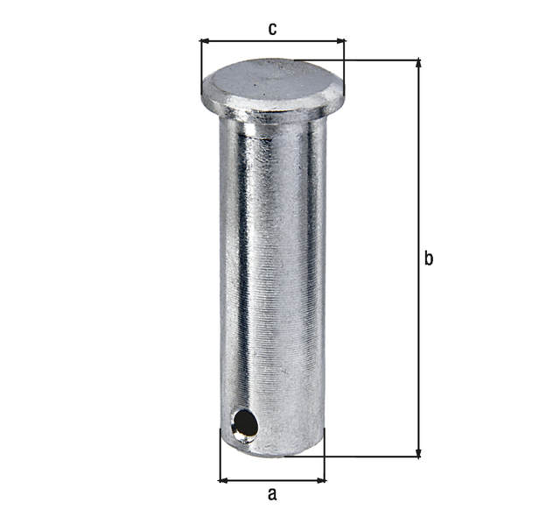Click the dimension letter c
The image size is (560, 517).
[x=272, y=29]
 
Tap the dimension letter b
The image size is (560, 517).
[x=429, y=258]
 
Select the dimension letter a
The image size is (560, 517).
[x=271, y=494]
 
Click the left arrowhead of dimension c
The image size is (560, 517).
[x=205, y=40]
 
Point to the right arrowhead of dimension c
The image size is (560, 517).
[x=340, y=40]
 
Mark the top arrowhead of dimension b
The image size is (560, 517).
[x=418, y=64]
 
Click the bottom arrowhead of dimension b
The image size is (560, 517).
[x=418, y=452]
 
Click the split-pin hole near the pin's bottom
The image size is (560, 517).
[x=244, y=424]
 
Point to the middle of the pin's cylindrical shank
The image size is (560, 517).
[x=272, y=272]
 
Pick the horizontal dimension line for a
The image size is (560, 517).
[x=271, y=480]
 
